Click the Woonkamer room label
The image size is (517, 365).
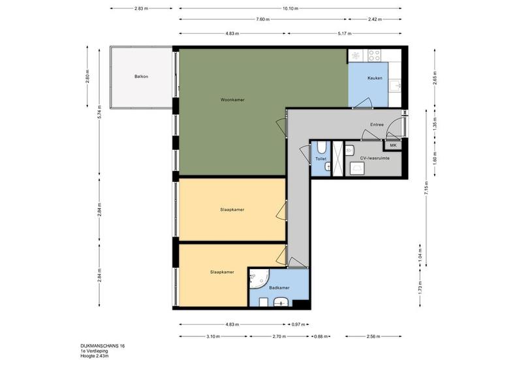click(x=232, y=100)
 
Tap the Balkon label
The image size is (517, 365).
click(x=141, y=76)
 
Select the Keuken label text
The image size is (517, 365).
click(x=375, y=78)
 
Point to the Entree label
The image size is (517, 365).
click(x=377, y=124)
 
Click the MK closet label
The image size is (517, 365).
click(x=393, y=145)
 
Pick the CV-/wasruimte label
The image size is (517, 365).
click(x=375, y=158)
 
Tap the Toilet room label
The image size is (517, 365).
click(x=321, y=159)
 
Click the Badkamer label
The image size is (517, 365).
click(x=279, y=287)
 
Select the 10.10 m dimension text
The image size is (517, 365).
click(x=290, y=8)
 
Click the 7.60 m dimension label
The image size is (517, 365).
click(x=263, y=20)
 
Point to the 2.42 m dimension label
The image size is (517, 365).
click(x=375, y=20)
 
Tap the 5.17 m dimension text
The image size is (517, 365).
click(x=345, y=34)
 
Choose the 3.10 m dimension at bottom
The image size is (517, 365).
click(x=213, y=336)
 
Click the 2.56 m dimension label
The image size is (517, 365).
click(x=373, y=336)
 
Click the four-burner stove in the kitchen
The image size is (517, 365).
click(x=374, y=55)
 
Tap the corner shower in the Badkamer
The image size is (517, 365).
click(x=259, y=279)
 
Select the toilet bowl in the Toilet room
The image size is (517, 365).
click(x=322, y=147)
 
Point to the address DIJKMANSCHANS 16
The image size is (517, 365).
click(x=102, y=346)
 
